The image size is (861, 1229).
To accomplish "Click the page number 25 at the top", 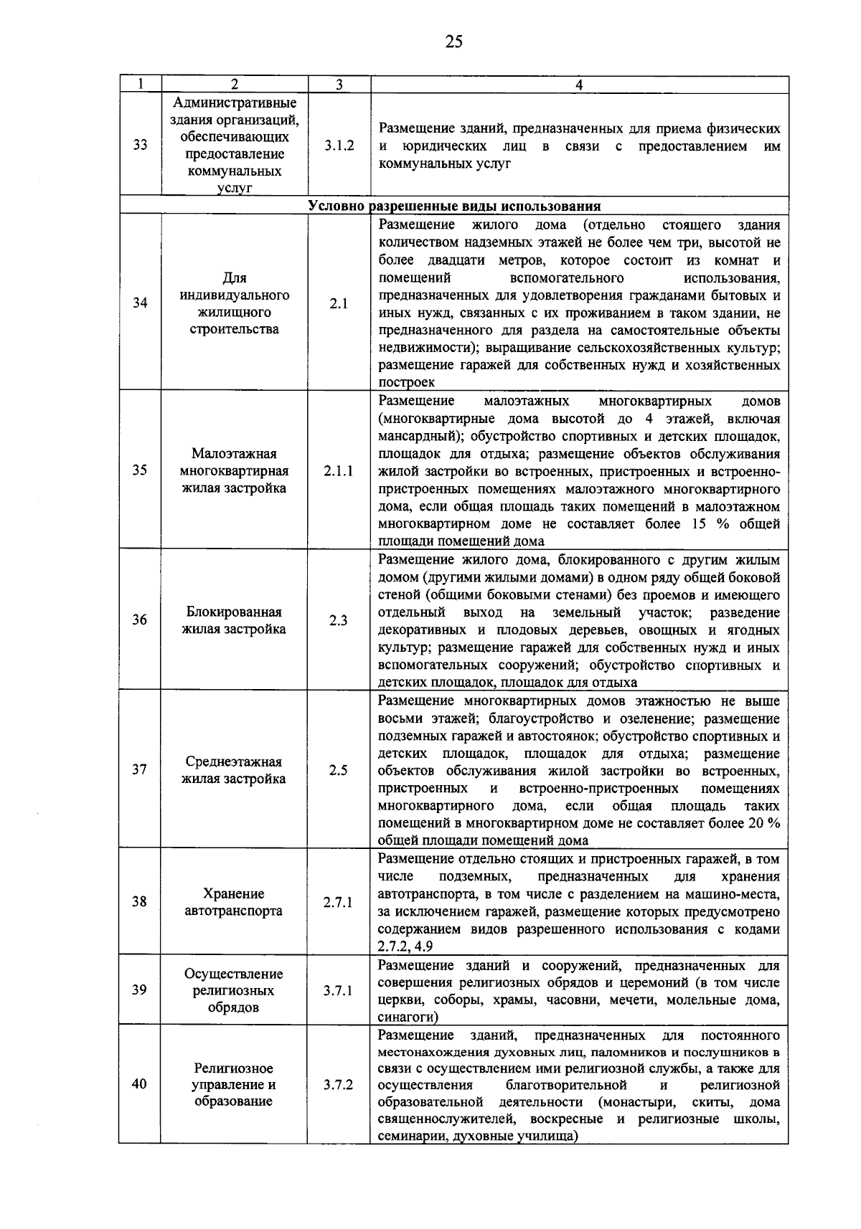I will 453,42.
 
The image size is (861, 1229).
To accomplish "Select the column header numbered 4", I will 579,85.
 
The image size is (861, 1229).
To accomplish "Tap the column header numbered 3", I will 339,85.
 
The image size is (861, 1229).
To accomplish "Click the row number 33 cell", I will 141,145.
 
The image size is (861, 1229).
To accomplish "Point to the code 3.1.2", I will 339,146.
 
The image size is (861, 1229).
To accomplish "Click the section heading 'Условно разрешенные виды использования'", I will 453,207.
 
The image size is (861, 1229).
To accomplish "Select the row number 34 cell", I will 141,303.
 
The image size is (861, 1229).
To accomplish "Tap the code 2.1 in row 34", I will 339,303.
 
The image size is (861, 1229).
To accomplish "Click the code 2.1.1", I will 339,471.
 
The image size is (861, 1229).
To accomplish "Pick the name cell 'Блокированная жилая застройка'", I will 234,620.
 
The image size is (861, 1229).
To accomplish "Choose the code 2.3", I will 339,621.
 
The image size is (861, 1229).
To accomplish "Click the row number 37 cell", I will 141,769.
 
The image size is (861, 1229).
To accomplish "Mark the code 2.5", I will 339,770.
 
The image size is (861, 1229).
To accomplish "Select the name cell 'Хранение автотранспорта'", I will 234,902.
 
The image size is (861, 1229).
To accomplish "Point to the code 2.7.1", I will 339,903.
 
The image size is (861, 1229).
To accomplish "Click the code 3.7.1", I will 339,991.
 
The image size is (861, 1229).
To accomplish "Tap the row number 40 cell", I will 141,1084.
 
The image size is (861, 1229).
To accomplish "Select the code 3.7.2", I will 339,1085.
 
